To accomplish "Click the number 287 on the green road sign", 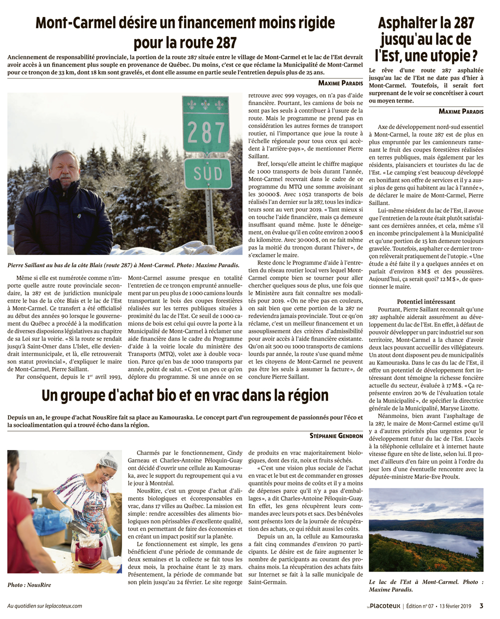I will pos(205,132).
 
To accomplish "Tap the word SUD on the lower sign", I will pos(207,174).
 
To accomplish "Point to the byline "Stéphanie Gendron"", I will pos(336,436).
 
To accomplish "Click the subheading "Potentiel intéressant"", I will pos(426,301).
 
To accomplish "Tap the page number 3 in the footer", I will pos(481,606).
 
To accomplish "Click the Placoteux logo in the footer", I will pos(383,606).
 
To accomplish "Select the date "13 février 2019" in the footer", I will pos(455,606).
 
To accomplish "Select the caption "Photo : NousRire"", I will pos(29,584).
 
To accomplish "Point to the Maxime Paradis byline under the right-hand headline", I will pos(461,111).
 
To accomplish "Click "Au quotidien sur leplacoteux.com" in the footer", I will pos(44,606).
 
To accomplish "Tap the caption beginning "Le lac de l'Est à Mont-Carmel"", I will pos(426,585).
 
